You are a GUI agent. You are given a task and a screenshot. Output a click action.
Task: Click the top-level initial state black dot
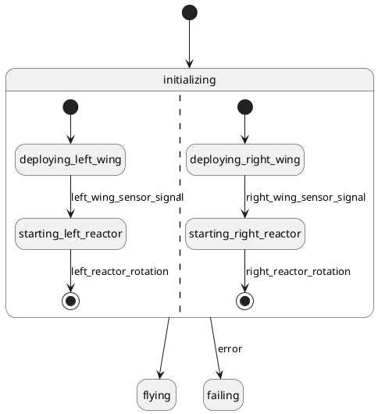[190, 12]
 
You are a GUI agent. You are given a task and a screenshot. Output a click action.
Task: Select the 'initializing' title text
[189, 80]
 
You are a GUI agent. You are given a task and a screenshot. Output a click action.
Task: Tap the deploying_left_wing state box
[70, 159]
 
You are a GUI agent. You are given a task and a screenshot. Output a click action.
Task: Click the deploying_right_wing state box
[245, 159]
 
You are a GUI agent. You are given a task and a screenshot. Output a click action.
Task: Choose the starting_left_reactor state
[70, 234]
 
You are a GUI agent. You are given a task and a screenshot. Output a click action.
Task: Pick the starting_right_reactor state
[245, 234]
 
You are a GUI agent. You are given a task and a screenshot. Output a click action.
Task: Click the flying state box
[156, 395]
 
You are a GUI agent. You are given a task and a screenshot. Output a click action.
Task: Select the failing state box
[223, 395]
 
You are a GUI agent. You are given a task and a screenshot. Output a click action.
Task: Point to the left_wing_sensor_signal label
[127, 197]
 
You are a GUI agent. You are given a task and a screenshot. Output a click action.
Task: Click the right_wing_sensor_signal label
[305, 197]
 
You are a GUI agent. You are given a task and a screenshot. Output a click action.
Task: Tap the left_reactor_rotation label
[119, 271]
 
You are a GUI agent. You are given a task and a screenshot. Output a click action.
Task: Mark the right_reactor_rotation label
[298, 271]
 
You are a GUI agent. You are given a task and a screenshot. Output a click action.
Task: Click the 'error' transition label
[230, 349]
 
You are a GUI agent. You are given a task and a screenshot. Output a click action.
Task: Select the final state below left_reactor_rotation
[70, 301]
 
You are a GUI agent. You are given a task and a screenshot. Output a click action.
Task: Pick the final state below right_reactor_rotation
[245, 301]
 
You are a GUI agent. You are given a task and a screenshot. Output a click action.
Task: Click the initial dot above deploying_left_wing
[70, 107]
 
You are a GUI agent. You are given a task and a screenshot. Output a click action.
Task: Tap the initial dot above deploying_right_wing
[245, 107]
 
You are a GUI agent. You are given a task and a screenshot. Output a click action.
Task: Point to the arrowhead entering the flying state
[159, 375]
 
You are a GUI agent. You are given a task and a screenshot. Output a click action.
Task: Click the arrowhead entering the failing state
[220, 375]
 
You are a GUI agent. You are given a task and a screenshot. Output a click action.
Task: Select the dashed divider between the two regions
[180, 203]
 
